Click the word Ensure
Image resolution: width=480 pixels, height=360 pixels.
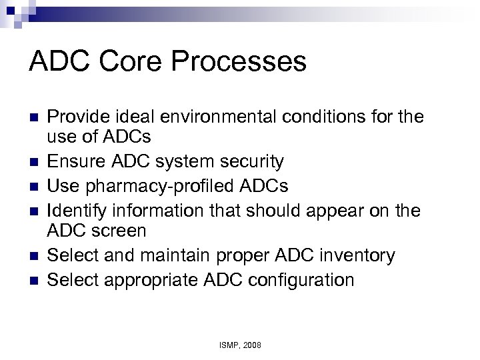[84, 161]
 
